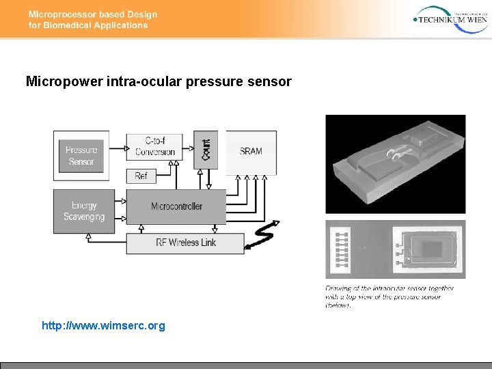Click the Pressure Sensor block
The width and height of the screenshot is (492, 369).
point(81,156)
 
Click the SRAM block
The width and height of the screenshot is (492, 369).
point(251,151)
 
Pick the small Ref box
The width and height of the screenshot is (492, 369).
point(141,176)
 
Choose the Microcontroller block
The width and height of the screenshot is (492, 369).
point(176,206)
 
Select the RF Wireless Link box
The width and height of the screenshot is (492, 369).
point(185,243)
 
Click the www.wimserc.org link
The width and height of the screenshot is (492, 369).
point(103,326)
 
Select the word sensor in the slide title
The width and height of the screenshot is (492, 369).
point(271,82)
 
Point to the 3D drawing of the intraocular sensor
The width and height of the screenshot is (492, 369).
point(395,164)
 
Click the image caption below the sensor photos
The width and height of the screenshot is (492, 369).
point(389,297)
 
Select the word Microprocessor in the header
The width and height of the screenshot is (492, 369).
point(61,14)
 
